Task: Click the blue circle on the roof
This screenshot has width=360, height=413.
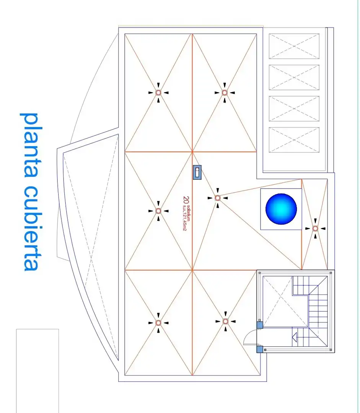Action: pos(281,209)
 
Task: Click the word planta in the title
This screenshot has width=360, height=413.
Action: pos(31,146)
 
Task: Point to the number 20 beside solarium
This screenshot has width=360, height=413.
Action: pos(186,200)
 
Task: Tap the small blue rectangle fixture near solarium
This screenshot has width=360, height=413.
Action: pos(197,172)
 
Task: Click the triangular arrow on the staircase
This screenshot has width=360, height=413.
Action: pos(294,337)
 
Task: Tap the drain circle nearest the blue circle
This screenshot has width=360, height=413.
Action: pos(315,229)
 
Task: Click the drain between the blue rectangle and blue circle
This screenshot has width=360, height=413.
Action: pos(217,198)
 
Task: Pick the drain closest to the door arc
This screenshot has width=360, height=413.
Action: pos(225,321)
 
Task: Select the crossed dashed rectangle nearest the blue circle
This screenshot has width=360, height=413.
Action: pos(294,140)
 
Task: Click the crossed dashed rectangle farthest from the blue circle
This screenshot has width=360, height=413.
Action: pos(294,46)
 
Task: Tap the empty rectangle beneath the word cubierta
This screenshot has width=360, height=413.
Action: pos(37,371)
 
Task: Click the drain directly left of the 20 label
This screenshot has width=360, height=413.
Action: pos(158,211)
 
